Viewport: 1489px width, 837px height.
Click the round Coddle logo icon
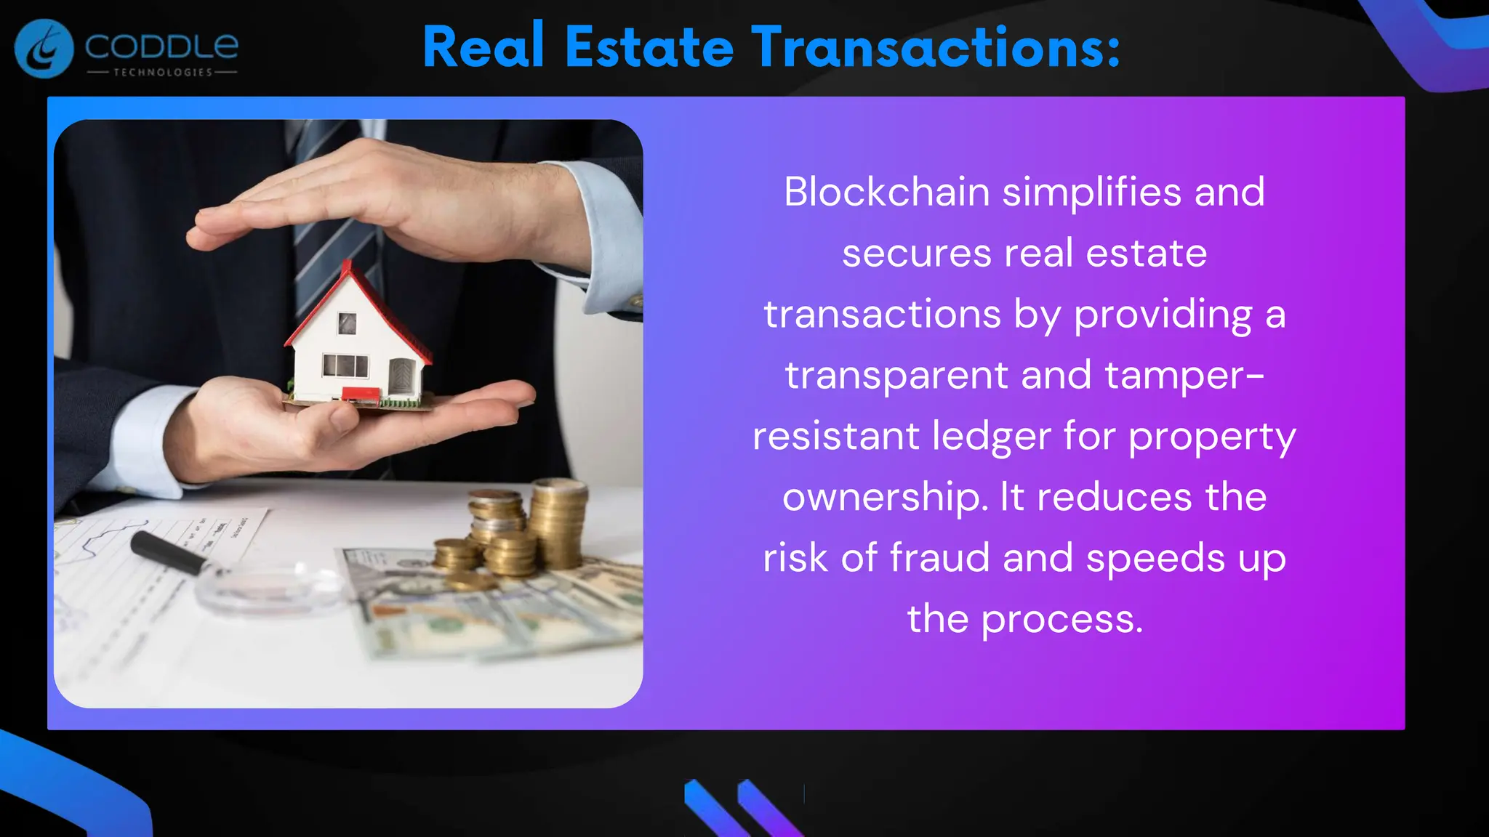pos(44,49)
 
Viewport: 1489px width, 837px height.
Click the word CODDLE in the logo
pos(161,47)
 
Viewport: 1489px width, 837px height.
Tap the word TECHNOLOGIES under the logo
pos(163,73)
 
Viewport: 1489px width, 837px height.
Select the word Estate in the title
pos(649,47)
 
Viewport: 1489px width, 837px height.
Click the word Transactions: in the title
pos(936,47)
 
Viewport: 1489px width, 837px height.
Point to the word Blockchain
pos(886,193)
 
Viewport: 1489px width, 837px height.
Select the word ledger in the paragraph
pos(992,437)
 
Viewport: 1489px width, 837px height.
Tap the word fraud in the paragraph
pos(939,558)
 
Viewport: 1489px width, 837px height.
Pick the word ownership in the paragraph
pos(884,498)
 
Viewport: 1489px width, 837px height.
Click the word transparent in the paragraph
pos(896,376)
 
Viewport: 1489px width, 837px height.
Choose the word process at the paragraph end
pos(1061,620)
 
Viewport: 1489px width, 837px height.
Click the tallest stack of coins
pos(558,523)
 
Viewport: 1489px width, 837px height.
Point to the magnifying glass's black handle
pos(168,553)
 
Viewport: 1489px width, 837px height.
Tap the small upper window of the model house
pos(348,323)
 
